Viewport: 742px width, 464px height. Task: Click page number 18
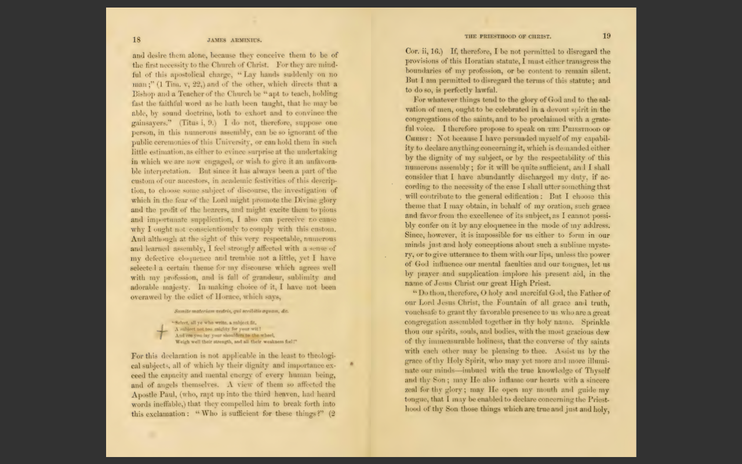coord(136,40)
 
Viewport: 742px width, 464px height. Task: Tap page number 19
coord(606,36)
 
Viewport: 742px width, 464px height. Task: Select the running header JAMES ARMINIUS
coord(234,41)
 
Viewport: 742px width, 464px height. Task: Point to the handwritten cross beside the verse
coord(162,331)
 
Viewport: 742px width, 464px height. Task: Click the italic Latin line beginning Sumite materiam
coord(231,311)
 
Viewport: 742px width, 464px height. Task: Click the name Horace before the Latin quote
coord(231,297)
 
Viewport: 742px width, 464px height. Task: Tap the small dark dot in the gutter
coord(351,364)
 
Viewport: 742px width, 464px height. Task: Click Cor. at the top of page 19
coord(412,52)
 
